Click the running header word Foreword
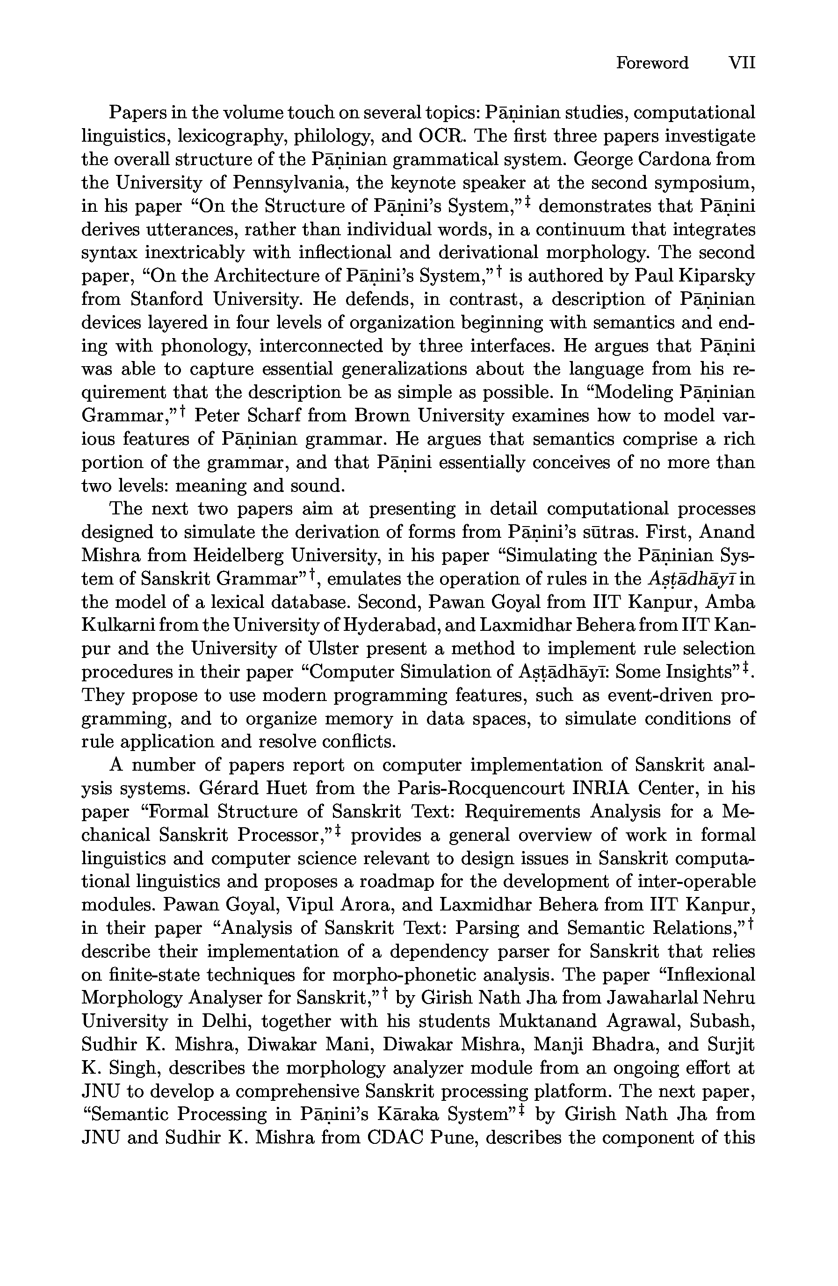pos(652,63)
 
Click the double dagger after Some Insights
pos(745,668)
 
